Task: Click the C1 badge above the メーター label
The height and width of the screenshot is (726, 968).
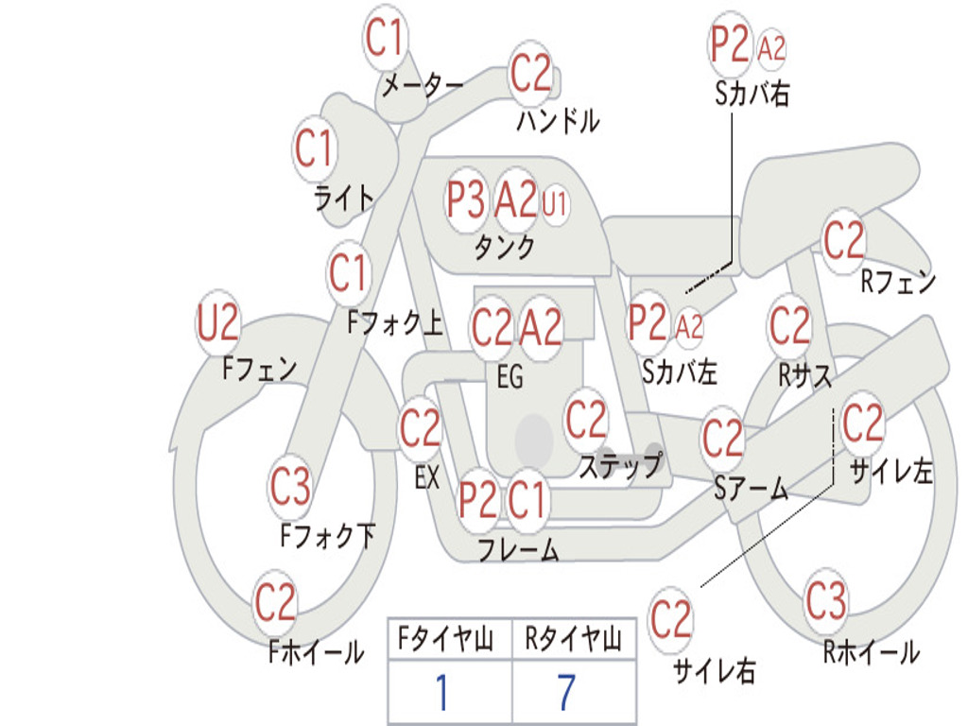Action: (x=385, y=38)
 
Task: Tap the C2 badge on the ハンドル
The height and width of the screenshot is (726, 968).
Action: (x=530, y=74)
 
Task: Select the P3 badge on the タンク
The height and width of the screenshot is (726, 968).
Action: (x=465, y=199)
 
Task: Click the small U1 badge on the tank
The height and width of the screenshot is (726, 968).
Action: (x=554, y=203)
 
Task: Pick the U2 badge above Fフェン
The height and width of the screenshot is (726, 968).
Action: (x=218, y=323)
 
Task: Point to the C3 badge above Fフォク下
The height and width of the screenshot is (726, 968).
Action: (x=290, y=487)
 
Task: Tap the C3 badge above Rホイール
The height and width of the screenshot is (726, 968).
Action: (x=826, y=600)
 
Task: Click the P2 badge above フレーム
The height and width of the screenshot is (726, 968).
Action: (x=477, y=499)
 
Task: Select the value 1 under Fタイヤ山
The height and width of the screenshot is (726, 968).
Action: (x=441, y=692)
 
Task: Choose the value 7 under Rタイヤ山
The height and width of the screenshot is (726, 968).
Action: (x=567, y=692)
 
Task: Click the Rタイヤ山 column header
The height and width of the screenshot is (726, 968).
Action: (x=574, y=639)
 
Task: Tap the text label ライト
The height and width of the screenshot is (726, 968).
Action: (x=344, y=199)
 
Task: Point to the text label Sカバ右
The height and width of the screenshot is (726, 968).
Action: (x=752, y=94)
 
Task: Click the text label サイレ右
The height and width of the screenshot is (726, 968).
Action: (x=714, y=670)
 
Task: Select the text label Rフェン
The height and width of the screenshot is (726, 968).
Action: (x=898, y=282)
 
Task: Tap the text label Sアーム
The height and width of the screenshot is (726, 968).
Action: (x=752, y=489)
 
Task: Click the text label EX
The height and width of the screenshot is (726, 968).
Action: (x=427, y=477)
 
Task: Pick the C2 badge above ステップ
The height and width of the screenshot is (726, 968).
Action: (x=586, y=420)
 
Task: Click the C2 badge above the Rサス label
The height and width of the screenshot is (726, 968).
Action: (x=789, y=325)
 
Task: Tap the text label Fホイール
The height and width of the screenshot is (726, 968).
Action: (x=316, y=652)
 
